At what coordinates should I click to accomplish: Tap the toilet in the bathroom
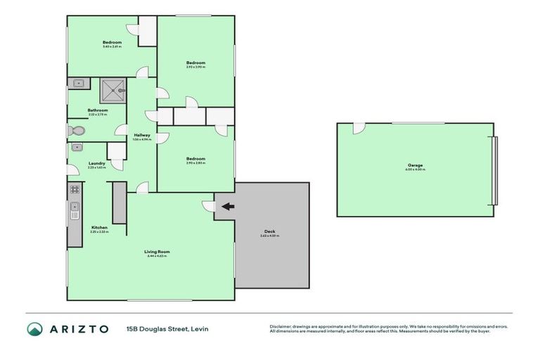[77, 131]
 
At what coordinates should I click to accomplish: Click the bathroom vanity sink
[78, 84]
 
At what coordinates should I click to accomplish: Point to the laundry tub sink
[78, 147]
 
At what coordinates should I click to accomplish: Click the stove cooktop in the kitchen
[74, 190]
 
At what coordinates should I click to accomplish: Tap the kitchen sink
[74, 210]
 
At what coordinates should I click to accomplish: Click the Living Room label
[157, 251]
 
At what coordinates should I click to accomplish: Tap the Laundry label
[97, 163]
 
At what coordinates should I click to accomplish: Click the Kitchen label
[99, 227]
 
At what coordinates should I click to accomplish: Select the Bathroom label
[98, 110]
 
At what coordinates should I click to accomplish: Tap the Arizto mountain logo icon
[34, 328]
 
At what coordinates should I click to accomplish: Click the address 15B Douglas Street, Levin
[167, 328]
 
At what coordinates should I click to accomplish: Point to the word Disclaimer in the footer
[279, 326]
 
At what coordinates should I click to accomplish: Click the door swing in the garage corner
[359, 129]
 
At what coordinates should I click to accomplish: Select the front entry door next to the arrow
[208, 205]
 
